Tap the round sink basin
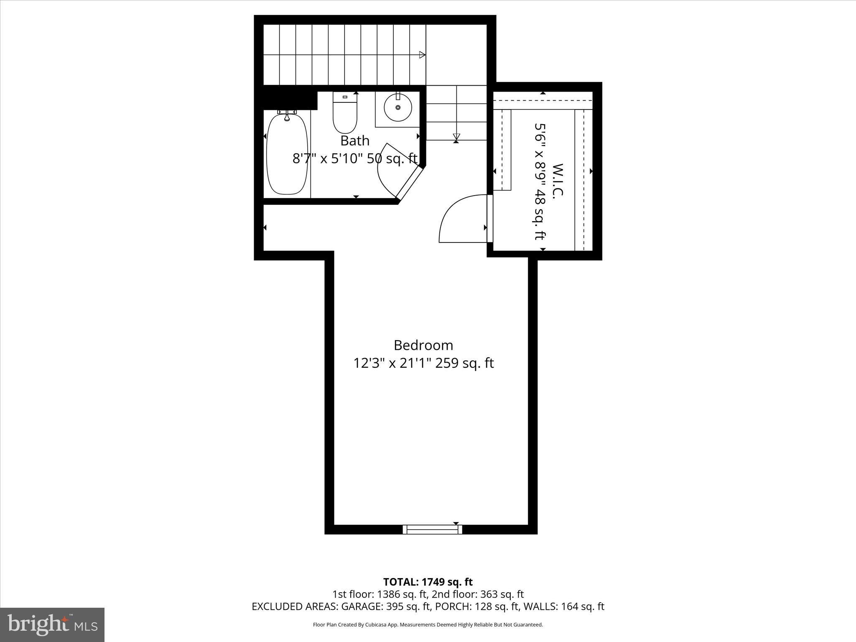click(x=397, y=107)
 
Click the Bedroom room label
click(x=423, y=345)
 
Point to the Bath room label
click(x=355, y=140)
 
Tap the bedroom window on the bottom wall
click(x=433, y=529)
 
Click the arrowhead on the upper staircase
click(x=422, y=55)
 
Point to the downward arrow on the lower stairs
click(x=456, y=136)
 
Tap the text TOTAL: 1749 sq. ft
click(x=428, y=582)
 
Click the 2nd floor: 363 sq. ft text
click(x=478, y=594)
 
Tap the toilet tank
click(x=345, y=97)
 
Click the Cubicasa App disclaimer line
click(x=428, y=625)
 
